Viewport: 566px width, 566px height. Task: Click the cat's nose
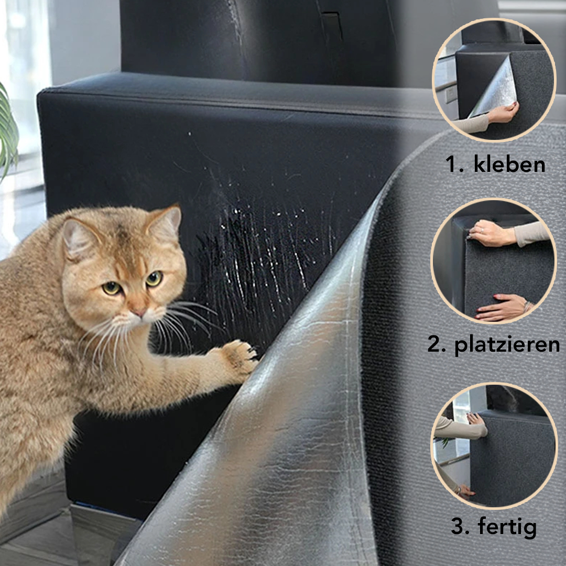[139, 311]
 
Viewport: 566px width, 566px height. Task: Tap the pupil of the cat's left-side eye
[111, 288]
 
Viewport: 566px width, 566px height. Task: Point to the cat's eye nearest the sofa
[154, 278]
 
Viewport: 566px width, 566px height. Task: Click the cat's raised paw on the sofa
[240, 357]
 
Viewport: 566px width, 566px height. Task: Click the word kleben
[509, 165]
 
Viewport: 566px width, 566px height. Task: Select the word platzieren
[507, 345]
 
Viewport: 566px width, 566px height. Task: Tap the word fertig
[507, 527]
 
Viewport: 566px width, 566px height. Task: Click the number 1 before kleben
[453, 165]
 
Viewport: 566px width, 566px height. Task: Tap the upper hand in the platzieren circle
[491, 233]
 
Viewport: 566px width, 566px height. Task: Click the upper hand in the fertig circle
[476, 423]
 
